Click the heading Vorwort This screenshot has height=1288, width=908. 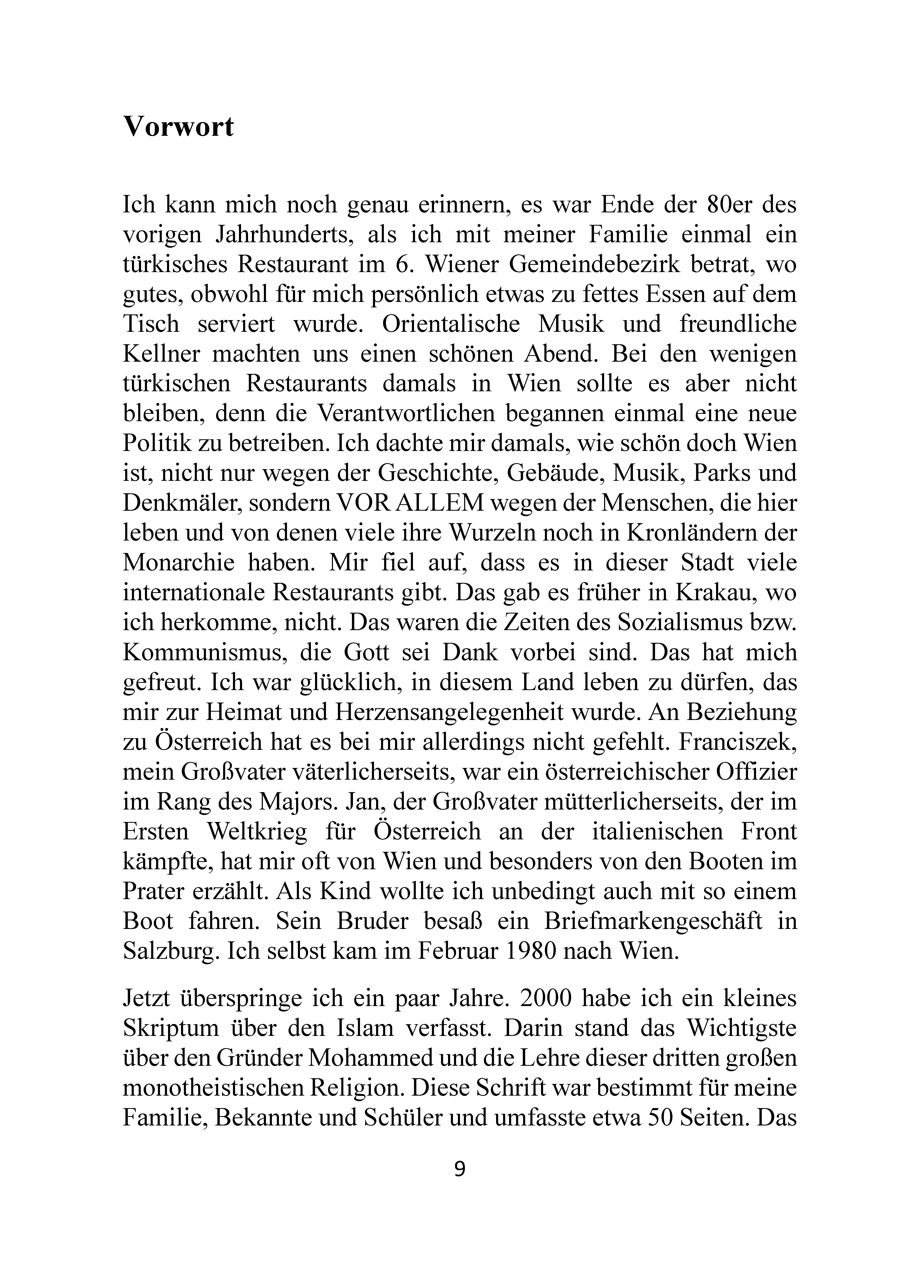(x=178, y=127)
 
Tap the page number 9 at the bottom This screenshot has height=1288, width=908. (x=459, y=1169)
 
